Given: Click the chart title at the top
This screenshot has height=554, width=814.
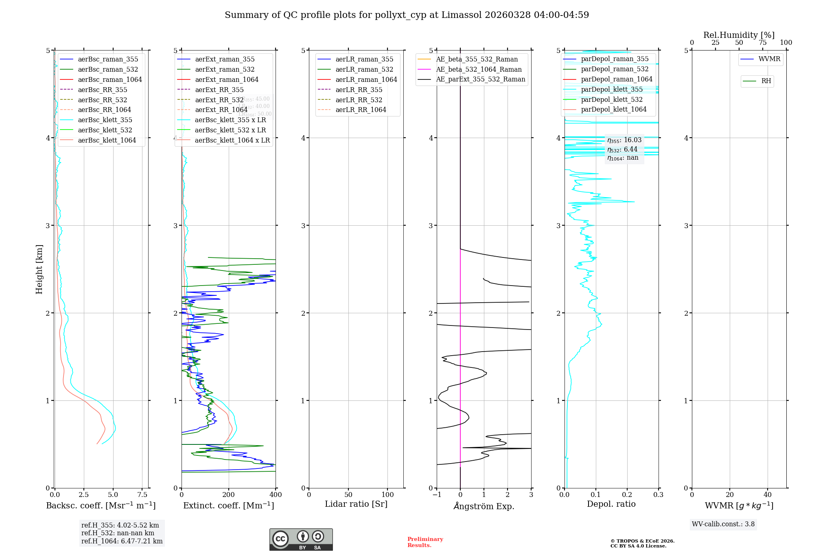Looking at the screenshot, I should pos(407,15).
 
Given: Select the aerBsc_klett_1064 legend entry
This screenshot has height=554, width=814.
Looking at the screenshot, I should pos(107,141).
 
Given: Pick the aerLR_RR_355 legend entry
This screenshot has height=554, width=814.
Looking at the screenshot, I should pos(359,90).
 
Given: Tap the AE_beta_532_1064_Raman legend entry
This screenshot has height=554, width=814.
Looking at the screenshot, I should pos(479,70).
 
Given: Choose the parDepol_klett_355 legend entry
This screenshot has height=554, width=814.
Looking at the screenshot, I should pos(612,90).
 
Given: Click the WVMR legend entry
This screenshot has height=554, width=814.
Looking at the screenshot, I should pos(769,59).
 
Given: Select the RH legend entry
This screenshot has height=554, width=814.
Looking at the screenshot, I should pos(766,81).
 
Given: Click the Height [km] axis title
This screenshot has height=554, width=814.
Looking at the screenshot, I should pos(39,269).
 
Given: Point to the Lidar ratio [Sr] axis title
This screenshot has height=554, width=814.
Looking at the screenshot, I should pos(356,504).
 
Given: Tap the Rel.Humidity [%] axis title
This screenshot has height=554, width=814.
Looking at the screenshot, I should pos(739,35).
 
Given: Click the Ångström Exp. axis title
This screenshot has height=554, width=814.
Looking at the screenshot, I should pos(484,506).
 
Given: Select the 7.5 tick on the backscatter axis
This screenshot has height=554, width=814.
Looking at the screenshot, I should pos(142,495).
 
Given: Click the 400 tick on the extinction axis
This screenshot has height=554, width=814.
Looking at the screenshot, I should pos(276,495).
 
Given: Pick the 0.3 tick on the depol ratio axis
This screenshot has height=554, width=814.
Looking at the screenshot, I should pos(658,495).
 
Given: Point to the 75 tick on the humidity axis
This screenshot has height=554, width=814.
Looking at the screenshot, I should pos(762,43).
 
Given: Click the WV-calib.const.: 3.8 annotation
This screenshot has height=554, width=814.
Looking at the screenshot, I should pos(723,524).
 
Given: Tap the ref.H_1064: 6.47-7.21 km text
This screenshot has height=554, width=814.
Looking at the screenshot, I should pos(122,541).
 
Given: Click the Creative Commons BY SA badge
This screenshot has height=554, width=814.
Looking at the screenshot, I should pos(301,539).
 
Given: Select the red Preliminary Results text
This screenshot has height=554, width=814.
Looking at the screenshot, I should pos(425,542).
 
